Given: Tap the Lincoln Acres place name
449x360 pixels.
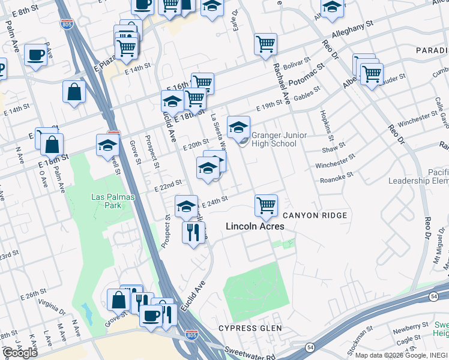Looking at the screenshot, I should pos(255,227).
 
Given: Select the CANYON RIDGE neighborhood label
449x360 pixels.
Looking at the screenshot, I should pos(315,215).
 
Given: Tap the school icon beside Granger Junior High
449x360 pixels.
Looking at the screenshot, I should pos(238,127).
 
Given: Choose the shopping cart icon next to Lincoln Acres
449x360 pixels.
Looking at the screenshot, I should pos(266,205).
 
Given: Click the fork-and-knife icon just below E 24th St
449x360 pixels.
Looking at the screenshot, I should pos(193,232).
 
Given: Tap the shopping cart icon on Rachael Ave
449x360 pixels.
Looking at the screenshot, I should pos(265,44).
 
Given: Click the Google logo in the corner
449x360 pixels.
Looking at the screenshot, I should pos(20,353).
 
